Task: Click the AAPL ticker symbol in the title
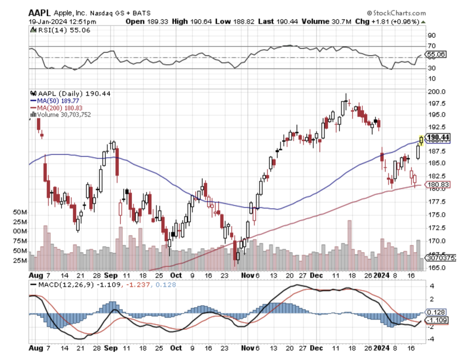[x=39, y=13]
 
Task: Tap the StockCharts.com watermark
[x=396, y=13]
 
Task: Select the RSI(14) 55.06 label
[x=63, y=30]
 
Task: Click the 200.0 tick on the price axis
[x=436, y=92]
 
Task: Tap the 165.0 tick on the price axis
[x=436, y=268]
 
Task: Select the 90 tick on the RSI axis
[x=431, y=35]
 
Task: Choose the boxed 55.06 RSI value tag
[x=436, y=54]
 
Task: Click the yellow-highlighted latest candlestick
[x=421, y=140]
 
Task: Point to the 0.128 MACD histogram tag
[x=436, y=312]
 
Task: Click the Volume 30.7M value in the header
[x=326, y=21]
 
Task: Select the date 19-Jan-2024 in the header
[x=47, y=22]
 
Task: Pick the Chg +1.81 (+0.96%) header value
[x=387, y=21]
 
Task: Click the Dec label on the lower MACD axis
[x=316, y=348]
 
